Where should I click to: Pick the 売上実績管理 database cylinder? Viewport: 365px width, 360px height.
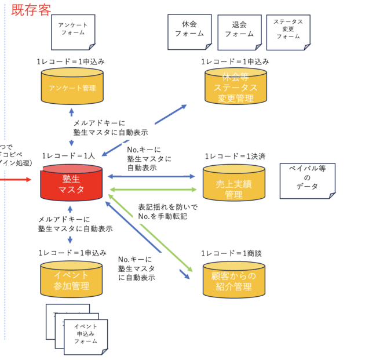click(233, 184)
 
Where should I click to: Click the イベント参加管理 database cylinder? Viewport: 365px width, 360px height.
click(71, 280)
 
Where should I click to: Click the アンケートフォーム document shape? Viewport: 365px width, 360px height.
click(73, 30)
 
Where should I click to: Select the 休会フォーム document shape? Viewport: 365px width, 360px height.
click(189, 30)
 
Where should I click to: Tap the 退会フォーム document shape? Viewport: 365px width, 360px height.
click(239, 30)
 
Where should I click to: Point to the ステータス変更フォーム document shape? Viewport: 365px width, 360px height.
click(289, 29)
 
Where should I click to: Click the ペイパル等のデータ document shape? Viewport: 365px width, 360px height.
click(307, 179)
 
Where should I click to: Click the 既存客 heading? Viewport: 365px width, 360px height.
click(31, 10)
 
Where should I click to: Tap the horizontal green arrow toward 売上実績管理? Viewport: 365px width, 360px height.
click(153, 189)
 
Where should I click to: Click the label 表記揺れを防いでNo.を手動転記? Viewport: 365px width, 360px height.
click(168, 212)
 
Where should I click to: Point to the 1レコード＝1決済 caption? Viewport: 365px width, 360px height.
click(235, 157)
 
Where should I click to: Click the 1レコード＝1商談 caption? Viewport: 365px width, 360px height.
click(231, 253)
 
